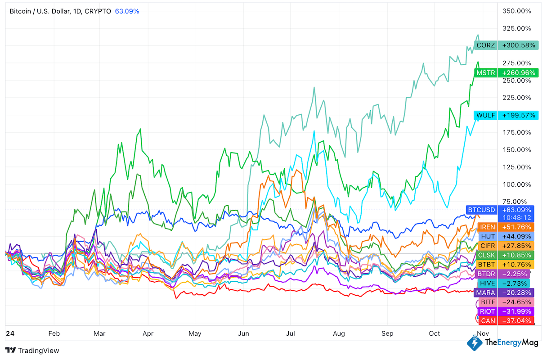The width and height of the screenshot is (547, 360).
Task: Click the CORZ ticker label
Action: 486,45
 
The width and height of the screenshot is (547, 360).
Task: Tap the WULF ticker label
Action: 486,116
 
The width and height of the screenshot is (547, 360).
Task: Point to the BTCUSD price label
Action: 481,210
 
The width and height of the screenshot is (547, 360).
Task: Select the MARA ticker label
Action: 485,292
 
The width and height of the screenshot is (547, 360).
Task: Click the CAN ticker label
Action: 488,321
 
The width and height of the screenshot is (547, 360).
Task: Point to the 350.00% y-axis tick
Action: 517,11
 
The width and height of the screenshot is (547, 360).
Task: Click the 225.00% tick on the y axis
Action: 517,98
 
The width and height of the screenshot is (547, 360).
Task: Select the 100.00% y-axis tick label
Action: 517,184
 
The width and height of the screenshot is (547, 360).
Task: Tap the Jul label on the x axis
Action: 291,333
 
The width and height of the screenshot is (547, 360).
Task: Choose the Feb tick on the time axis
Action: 54,333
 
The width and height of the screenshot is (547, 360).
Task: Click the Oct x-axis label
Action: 434,333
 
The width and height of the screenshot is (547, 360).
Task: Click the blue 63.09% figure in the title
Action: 127,11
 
